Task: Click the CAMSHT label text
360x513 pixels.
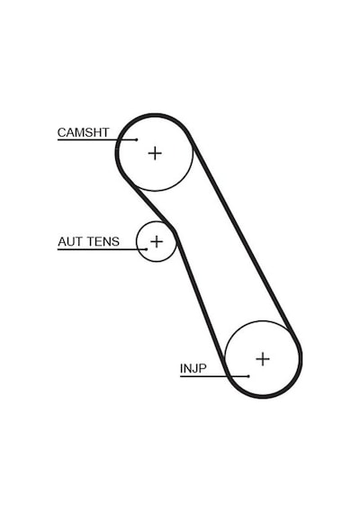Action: (83, 132)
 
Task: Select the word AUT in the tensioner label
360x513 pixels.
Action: (68, 242)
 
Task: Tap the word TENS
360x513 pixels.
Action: (102, 242)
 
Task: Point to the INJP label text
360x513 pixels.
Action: (193, 369)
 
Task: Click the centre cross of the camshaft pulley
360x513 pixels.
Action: (155, 153)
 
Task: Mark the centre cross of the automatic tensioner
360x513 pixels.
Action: (157, 242)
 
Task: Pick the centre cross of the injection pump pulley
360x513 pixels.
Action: (263, 359)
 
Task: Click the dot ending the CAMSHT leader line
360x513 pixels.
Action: (137, 139)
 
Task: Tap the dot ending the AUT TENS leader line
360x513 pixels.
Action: (147, 249)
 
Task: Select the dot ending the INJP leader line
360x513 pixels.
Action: (248, 376)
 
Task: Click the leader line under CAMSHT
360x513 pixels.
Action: (97, 139)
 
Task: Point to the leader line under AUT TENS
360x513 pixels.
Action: (102, 249)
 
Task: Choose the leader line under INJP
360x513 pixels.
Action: (214, 376)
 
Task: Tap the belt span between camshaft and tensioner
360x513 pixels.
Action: (148, 202)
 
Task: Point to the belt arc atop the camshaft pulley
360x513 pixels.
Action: (155, 115)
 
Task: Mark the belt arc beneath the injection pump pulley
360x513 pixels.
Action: (263, 397)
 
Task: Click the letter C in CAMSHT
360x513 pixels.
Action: (61, 132)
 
